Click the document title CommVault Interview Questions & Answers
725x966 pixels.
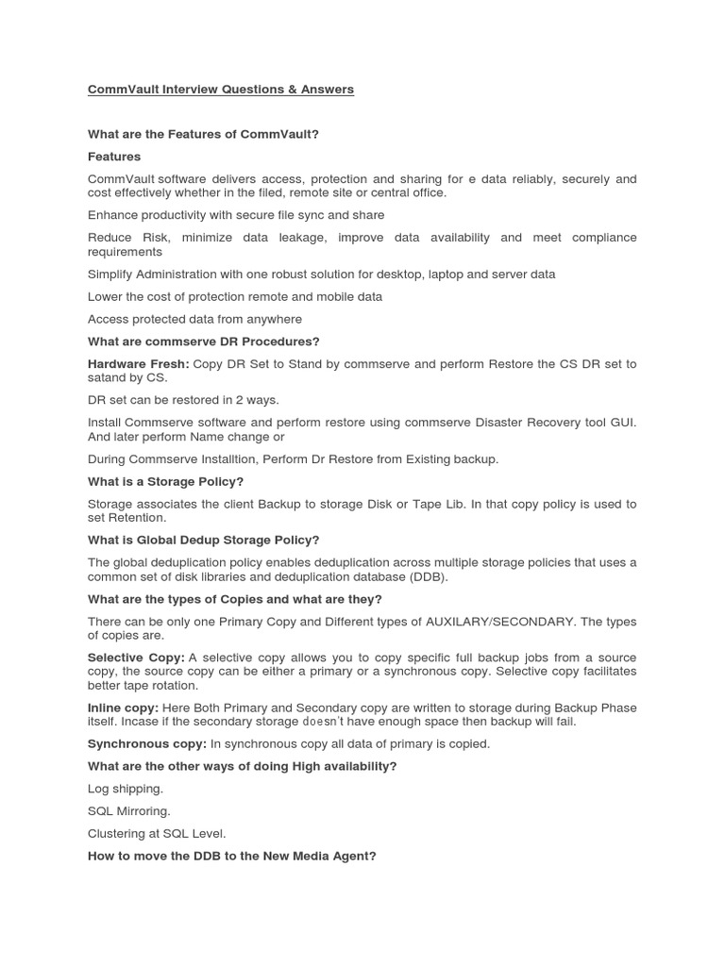221,90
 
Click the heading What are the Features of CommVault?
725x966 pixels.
203,134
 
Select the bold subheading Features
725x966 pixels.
114,157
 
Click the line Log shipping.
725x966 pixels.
126,789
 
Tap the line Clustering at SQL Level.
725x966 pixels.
157,834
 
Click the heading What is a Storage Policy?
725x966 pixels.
165,481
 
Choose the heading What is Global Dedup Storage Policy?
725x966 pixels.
203,540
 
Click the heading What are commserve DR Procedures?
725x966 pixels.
204,341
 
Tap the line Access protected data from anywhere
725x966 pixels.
194,319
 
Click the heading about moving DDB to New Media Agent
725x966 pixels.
231,857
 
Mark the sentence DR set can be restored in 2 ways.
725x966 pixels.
183,400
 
